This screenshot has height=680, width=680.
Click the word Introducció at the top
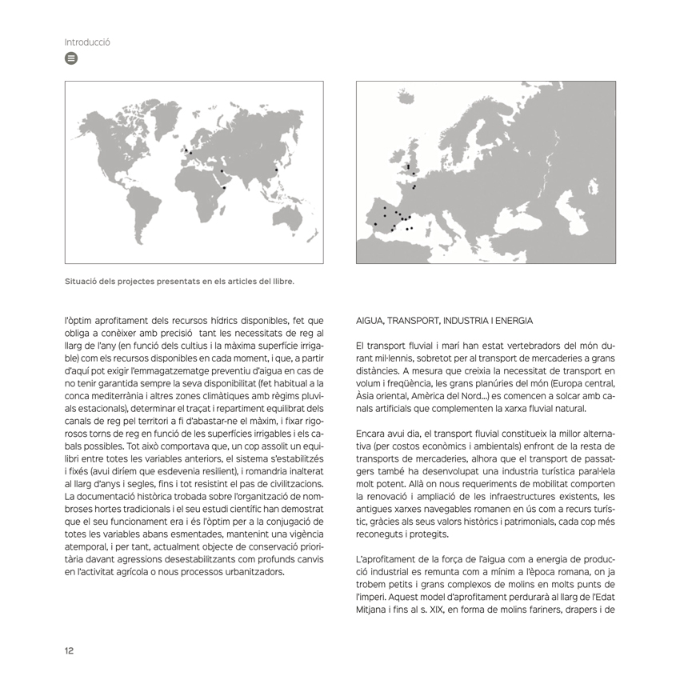(87, 42)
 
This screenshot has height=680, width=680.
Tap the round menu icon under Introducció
(71, 58)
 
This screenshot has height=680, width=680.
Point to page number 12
(70, 650)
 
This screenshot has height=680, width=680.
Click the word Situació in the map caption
(82, 281)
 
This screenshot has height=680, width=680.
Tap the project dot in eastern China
(277, 170)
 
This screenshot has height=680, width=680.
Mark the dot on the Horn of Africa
(225, 188)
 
